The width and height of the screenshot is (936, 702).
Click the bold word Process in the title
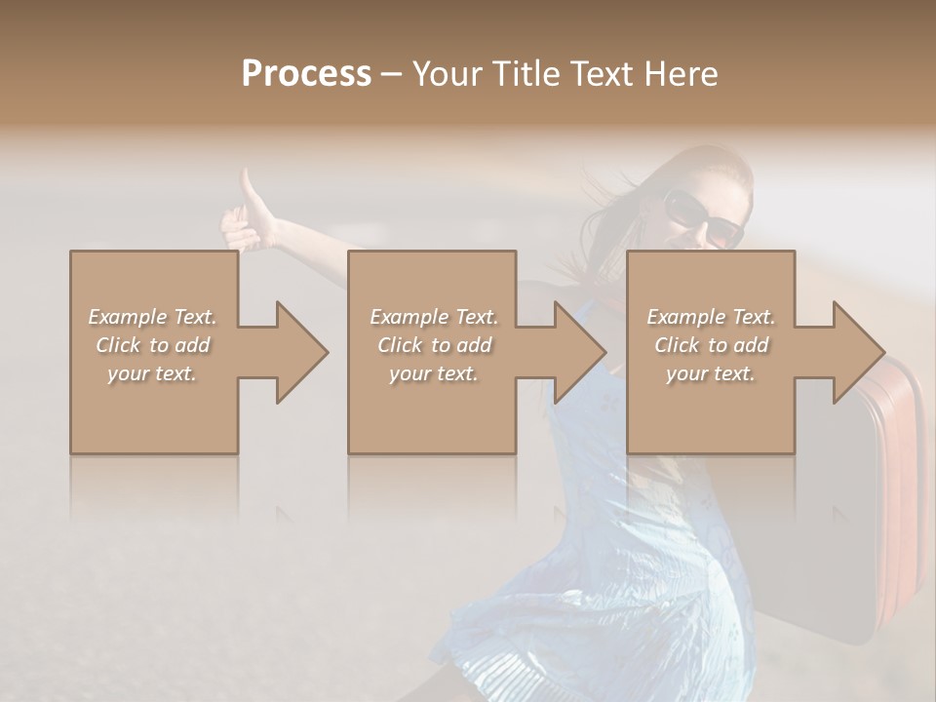(306, 73)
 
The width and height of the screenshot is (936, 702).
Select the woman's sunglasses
(702, 218)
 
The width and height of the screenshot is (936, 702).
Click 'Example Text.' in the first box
(153, 317)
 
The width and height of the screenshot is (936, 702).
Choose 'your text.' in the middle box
(432, 373)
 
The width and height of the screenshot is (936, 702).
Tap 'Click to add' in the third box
(711, 345)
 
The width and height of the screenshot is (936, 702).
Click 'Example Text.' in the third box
(711, 317)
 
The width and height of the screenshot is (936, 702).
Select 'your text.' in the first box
(153, 373)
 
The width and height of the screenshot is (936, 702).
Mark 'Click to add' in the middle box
(432, 345)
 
